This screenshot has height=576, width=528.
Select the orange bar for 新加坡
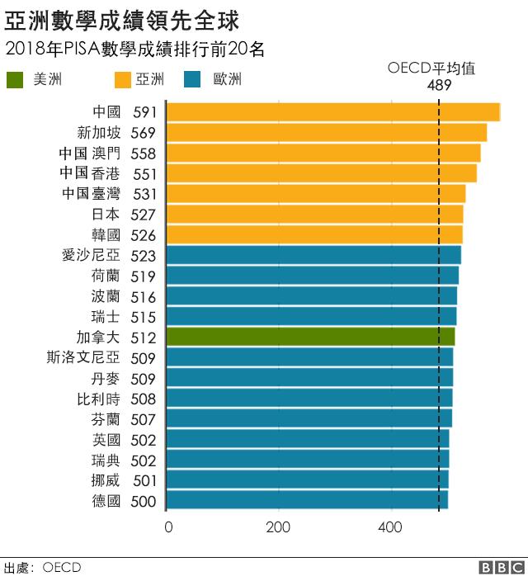327,133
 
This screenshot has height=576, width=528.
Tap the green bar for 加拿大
310,337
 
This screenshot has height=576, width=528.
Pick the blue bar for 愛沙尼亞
313,255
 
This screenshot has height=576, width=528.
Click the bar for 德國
307,500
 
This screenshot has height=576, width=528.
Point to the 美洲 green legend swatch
16,80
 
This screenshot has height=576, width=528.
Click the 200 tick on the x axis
279,528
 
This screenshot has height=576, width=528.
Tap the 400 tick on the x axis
390,528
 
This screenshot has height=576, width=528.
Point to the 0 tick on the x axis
168,528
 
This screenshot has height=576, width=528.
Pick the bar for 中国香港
322,173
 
